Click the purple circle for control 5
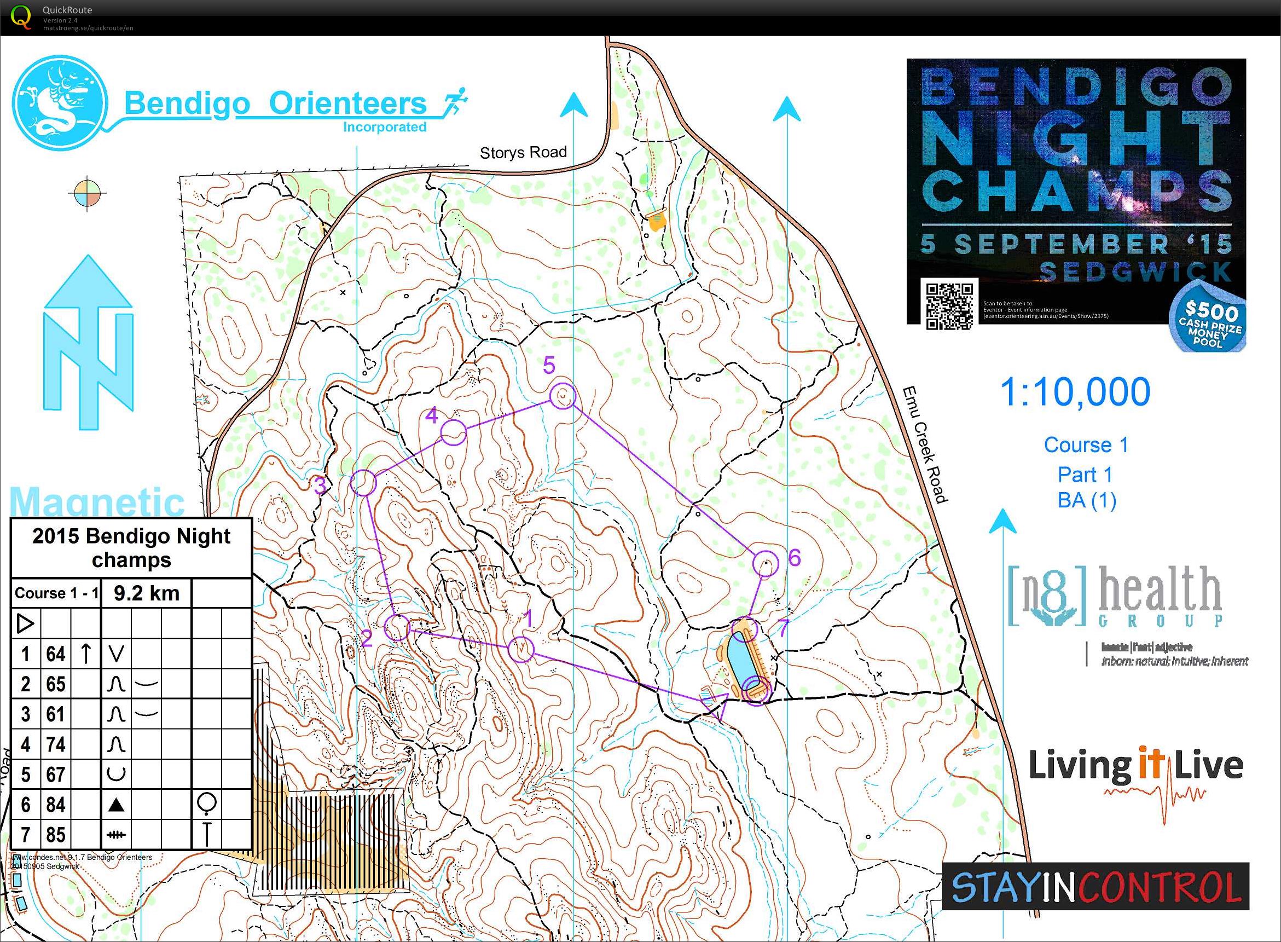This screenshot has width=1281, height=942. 563,396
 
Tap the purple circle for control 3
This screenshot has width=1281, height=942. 363,483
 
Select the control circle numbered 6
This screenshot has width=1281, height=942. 765,564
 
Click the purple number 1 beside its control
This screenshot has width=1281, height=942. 528,618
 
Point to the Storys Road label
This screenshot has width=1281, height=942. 523,153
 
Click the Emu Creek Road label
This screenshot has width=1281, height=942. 925,445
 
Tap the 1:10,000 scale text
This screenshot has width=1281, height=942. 1075,392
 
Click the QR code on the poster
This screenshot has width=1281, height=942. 949,306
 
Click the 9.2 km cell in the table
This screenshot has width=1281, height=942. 147,593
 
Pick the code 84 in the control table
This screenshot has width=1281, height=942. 55,805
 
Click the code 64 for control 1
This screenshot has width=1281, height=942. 55,654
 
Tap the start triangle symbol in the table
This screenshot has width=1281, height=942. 26,623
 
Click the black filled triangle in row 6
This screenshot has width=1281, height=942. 117,805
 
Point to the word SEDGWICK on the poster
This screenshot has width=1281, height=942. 1135,272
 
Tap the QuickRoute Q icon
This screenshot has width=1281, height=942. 21,16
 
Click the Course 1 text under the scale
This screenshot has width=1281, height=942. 1086,445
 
